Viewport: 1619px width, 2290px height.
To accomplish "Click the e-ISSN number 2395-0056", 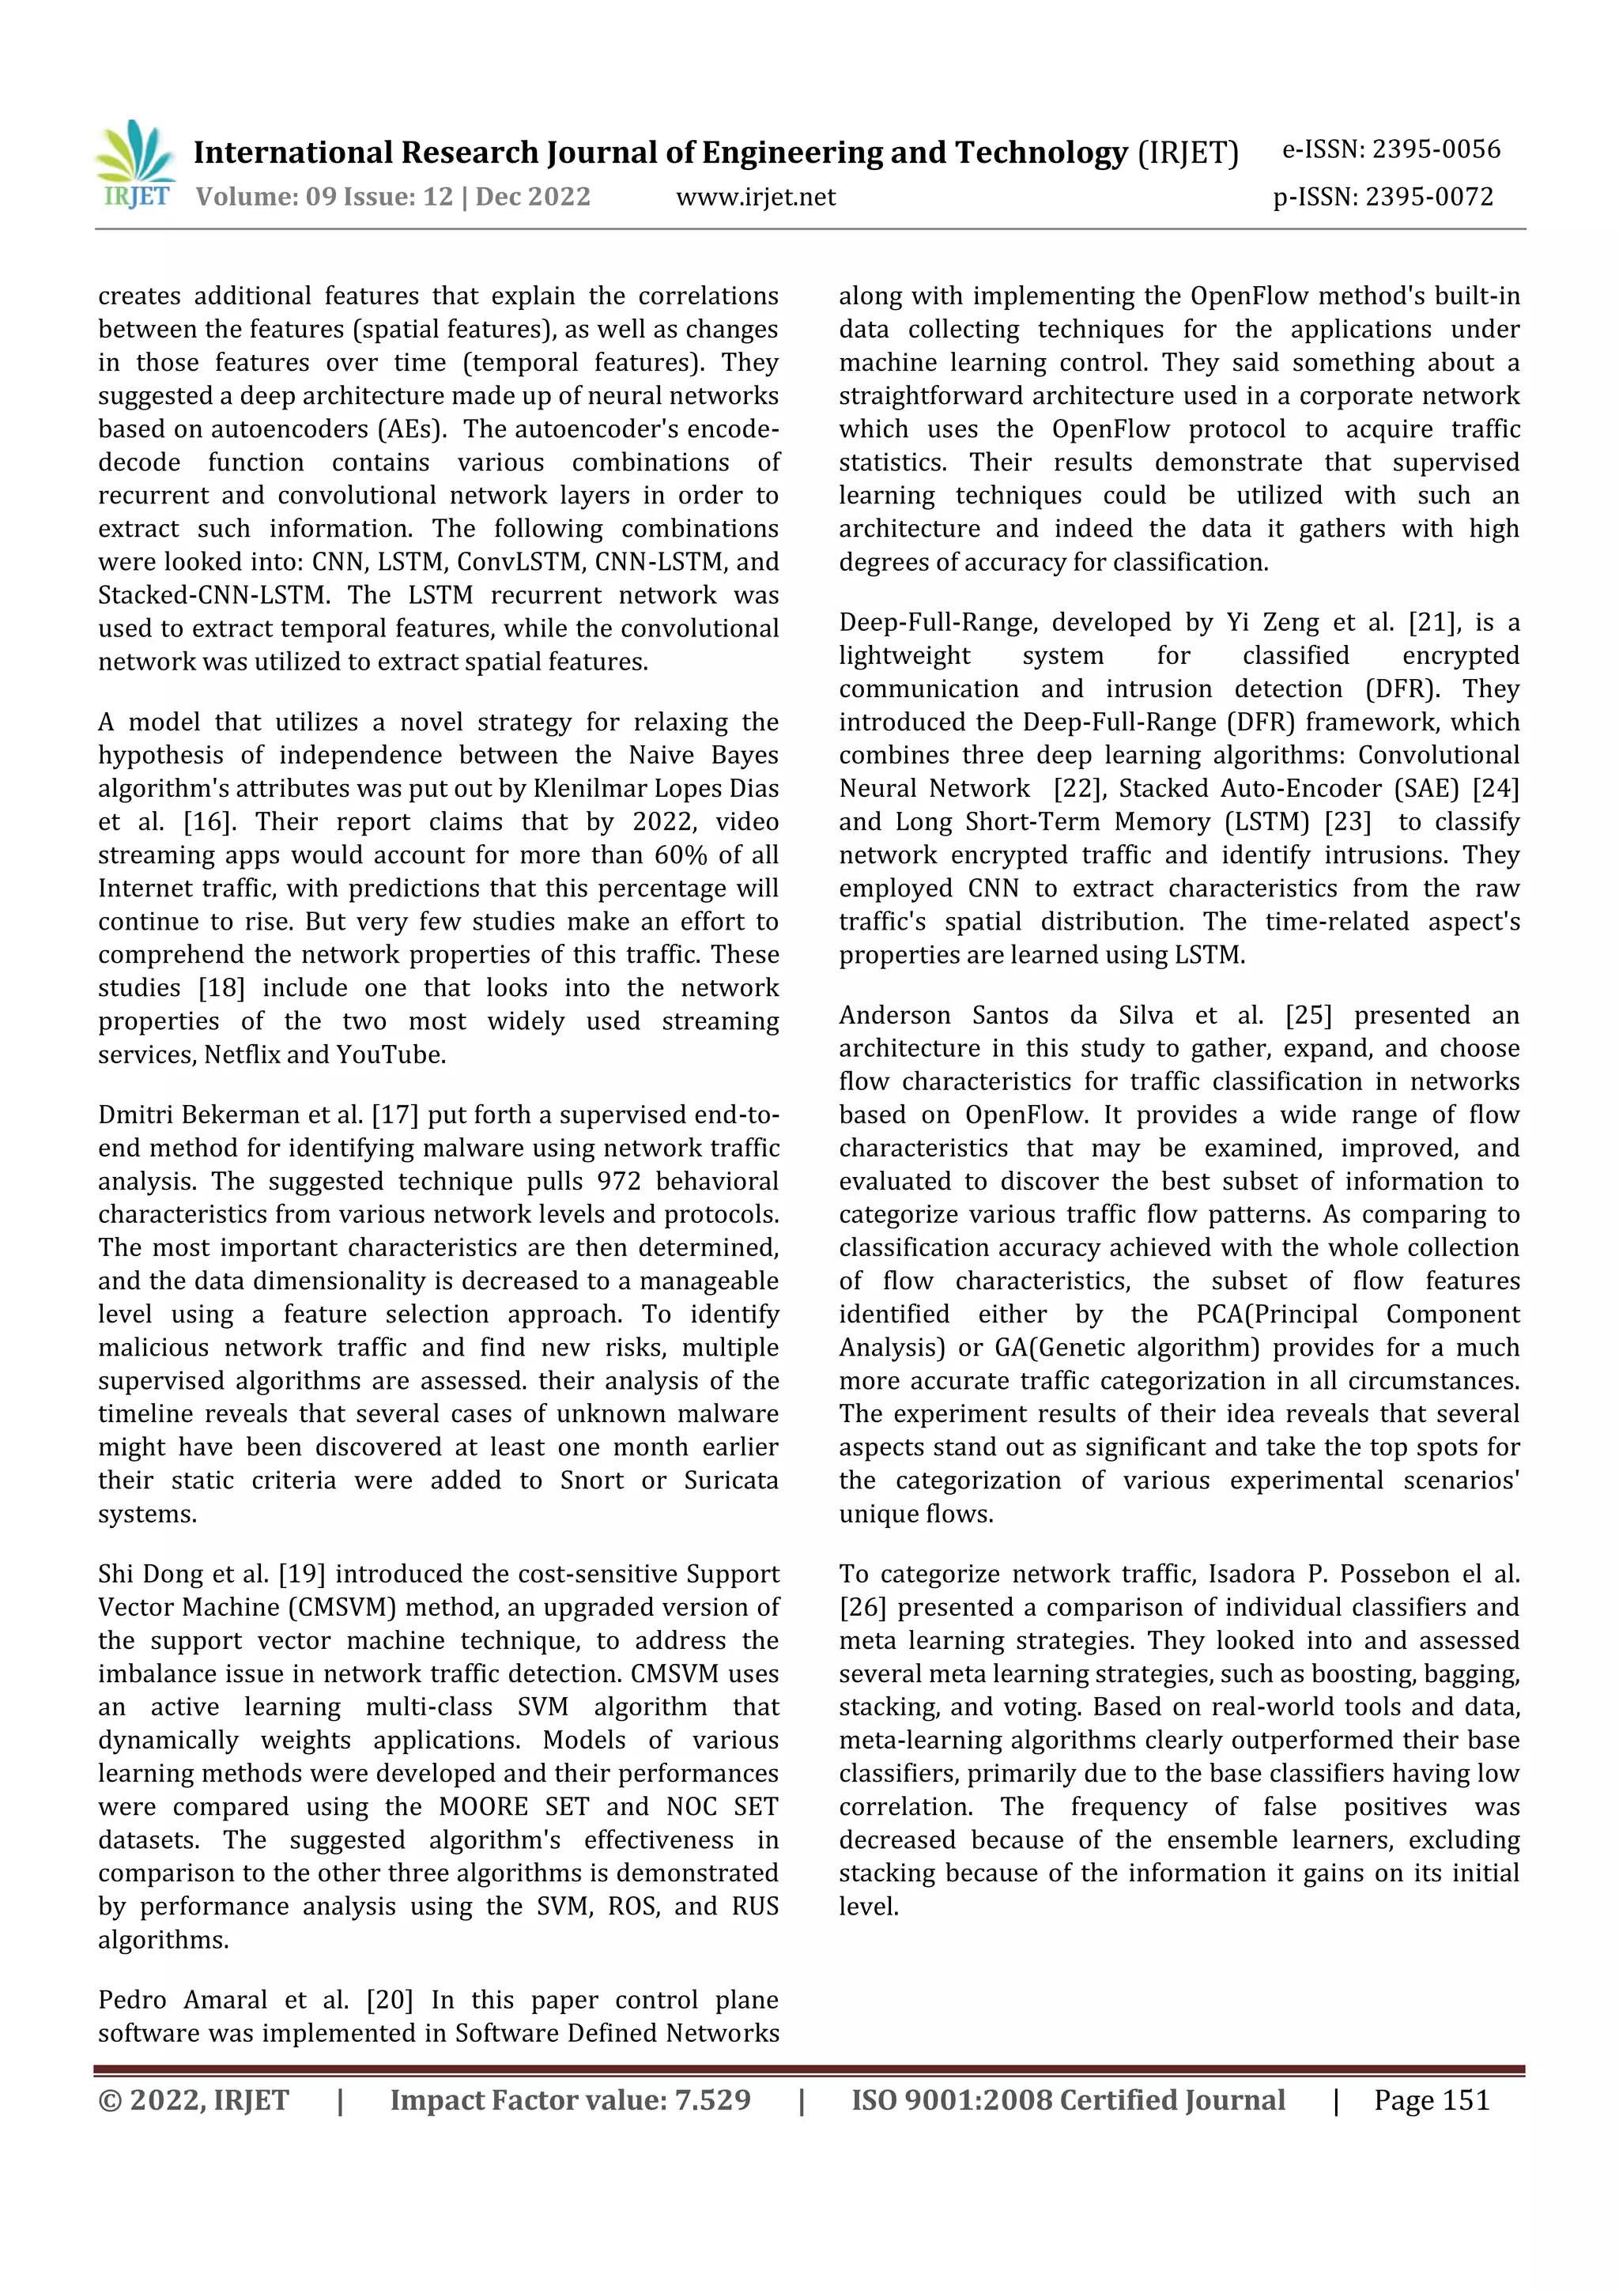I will tap(1436, 149).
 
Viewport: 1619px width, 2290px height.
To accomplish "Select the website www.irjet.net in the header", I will tap(755, 198).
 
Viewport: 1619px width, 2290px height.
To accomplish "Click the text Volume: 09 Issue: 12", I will tap(324, 198).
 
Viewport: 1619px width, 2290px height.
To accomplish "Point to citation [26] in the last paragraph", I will tap(863, 1608).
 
